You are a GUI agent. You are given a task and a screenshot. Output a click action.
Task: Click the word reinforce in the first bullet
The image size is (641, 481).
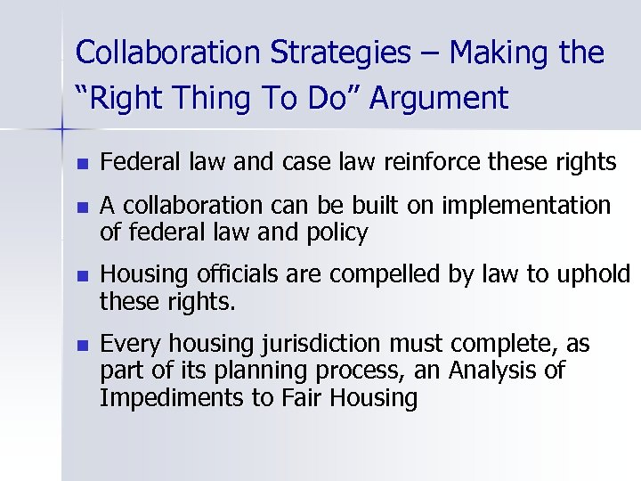[412, 162]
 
